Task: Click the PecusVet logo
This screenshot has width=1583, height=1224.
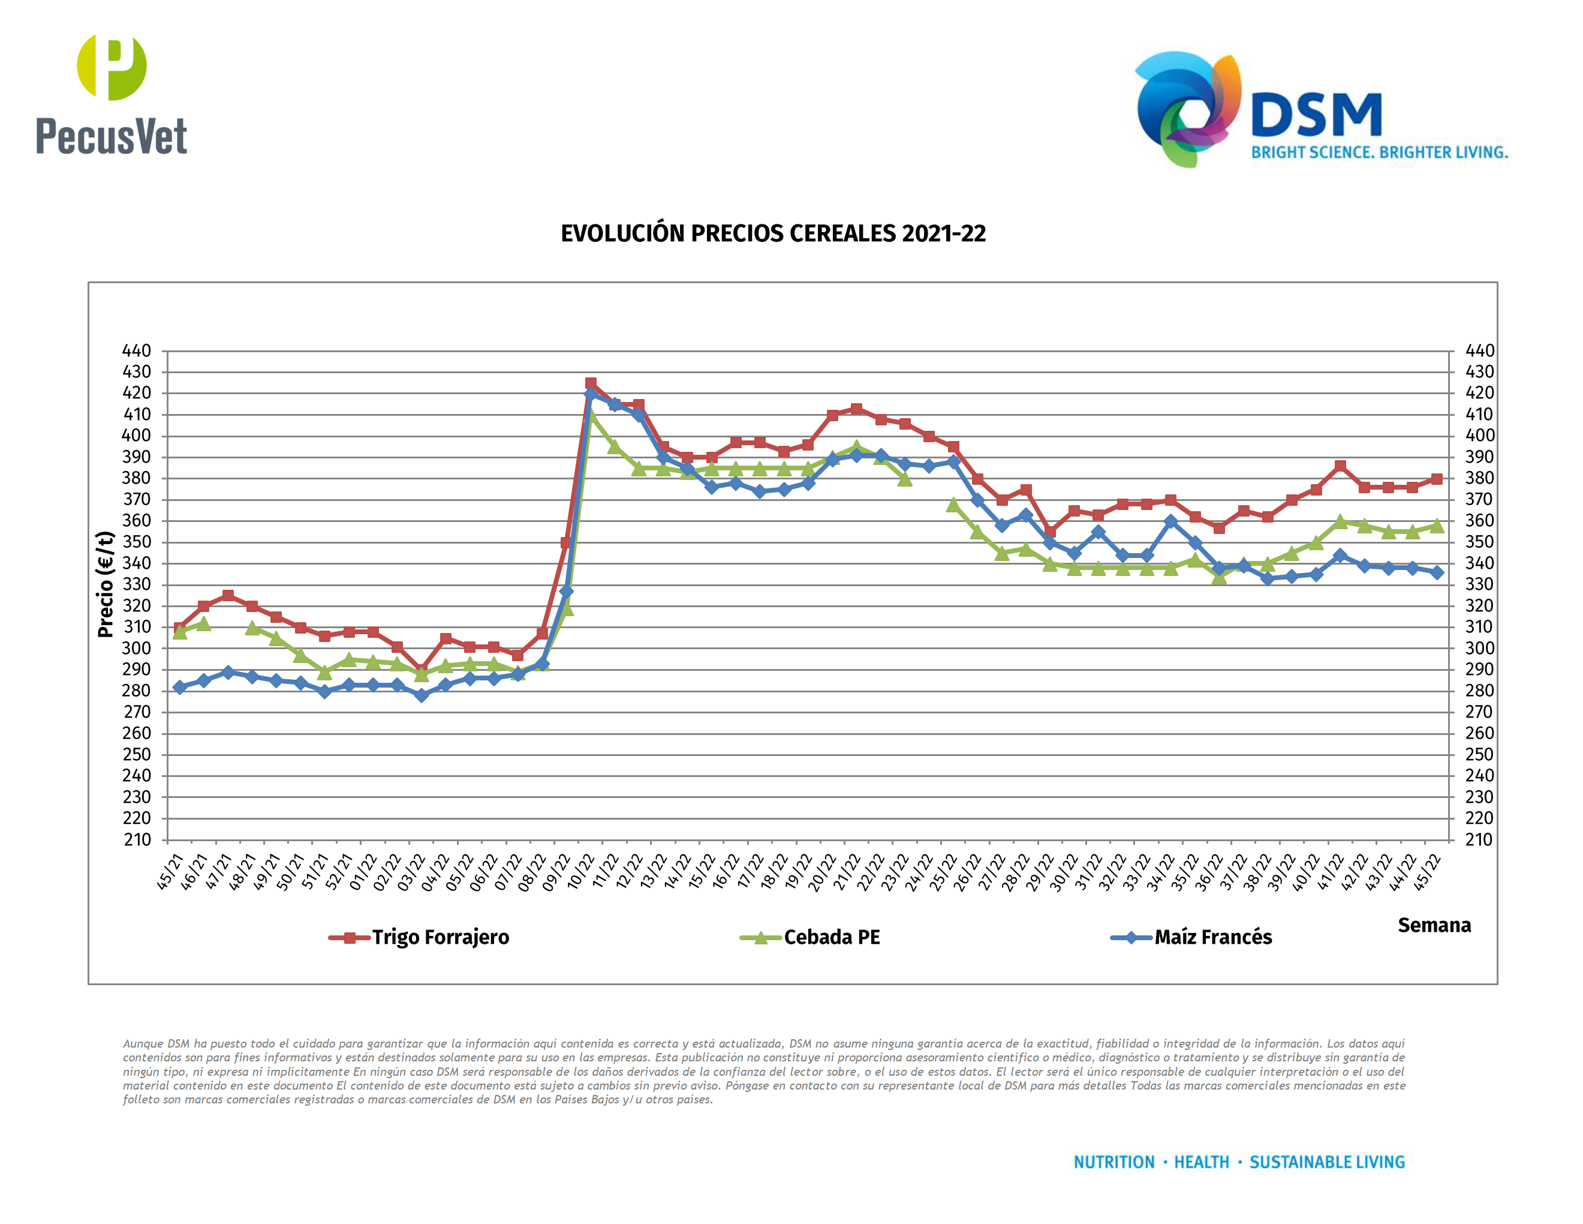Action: (x=112, y=94)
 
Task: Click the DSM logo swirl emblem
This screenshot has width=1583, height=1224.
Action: (x=1187, y=109)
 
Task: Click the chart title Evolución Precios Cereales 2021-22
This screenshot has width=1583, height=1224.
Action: (x=773, y=233)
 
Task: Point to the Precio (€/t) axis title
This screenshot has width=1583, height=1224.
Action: (x=106, y=584)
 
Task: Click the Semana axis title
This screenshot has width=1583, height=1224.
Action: (x=1434, y=925)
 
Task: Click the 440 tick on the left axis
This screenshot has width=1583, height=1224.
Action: (x=137, y=351)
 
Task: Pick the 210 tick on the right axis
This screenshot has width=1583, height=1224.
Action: (x=1479, y=839)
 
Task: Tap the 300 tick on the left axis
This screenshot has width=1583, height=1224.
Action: (x=137, y=648)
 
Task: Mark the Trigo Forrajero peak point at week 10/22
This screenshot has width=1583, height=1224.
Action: (x=591, y=383)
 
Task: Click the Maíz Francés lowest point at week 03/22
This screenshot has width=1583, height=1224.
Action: (x=421, y=695)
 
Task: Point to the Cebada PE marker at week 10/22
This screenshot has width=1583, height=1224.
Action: (x=591, y=415)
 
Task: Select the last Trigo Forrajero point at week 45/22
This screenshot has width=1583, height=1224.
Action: (x=1437, y=479)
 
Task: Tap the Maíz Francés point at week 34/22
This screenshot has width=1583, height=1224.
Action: (x=1170, y=521)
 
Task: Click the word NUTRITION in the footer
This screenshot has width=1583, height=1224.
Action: (x=1114, y=1162)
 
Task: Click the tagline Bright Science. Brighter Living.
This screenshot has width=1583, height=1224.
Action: (x=1379, y=153)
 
